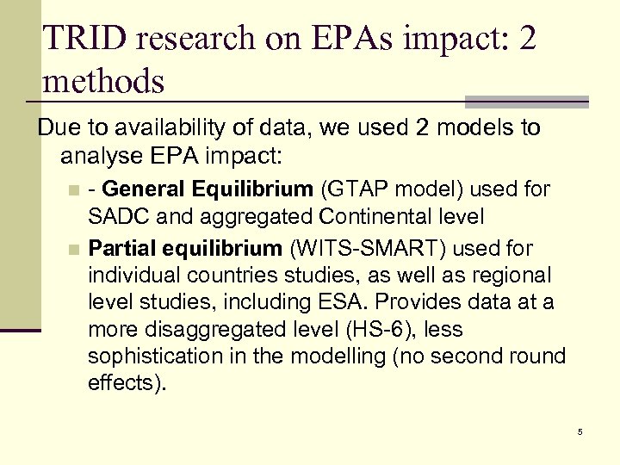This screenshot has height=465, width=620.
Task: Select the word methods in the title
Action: (102, 82)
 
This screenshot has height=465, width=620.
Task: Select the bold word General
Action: (143, 189)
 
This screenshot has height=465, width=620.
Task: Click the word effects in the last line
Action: (122, 381)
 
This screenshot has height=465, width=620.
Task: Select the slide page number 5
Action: (580, 431)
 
